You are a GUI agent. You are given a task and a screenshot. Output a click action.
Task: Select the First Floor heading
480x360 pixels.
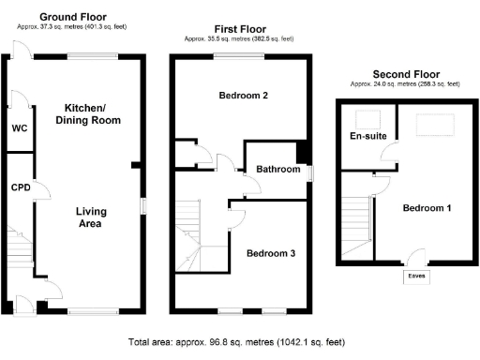(x=238, y=30)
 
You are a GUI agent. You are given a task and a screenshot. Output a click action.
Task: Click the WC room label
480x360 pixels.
(x=19, y=128)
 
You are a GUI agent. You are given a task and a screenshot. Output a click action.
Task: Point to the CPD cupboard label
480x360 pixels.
(x=21, y=187)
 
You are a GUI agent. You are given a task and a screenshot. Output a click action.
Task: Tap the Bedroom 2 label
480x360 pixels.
(x=244, y=96)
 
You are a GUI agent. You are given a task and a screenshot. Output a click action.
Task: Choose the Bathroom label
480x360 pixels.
(x=278, y=170)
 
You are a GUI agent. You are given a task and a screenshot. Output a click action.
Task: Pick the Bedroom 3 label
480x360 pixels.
(x=271, y=253)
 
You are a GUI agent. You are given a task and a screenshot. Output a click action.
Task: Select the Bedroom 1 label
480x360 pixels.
(x=427, y=208)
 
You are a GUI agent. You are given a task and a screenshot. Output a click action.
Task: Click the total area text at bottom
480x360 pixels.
(x=241, y=342)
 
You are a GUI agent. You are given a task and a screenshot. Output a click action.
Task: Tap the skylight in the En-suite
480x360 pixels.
(x=367, y=117)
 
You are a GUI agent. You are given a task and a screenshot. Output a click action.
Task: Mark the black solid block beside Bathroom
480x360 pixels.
(x=302, y=153)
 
